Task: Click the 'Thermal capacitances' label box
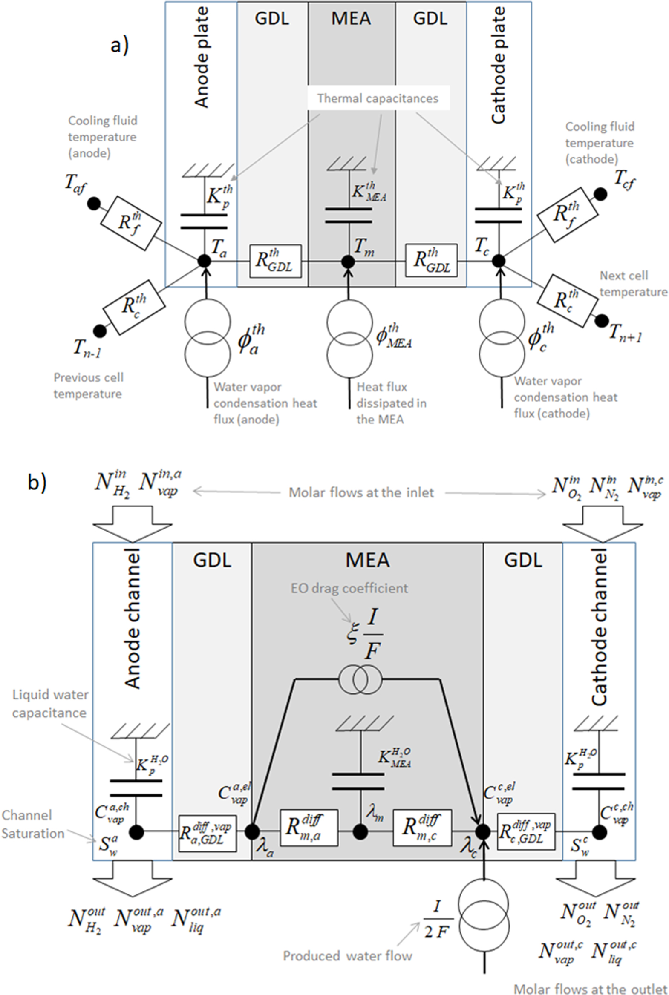click(378, 98)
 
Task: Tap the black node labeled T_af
click(93, 204)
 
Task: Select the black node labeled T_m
click(348, 262)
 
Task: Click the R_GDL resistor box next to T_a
click(275, 261)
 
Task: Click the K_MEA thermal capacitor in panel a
click(348, 215)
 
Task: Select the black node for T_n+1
click(602, 321)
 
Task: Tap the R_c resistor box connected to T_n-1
click(134, 307)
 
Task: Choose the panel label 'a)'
click(119, 45)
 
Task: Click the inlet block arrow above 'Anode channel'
click(133, 523)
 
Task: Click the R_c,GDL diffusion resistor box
click(526, 831)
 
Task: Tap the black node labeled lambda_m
click(360, 832)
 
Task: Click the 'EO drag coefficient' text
click(349, 588)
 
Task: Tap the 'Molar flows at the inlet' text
click(361, 492)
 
